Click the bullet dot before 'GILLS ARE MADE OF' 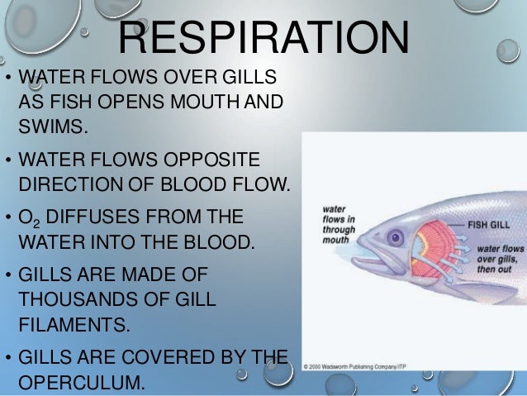click(x=7, y=276)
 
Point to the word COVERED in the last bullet click(x=165, y=358)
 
